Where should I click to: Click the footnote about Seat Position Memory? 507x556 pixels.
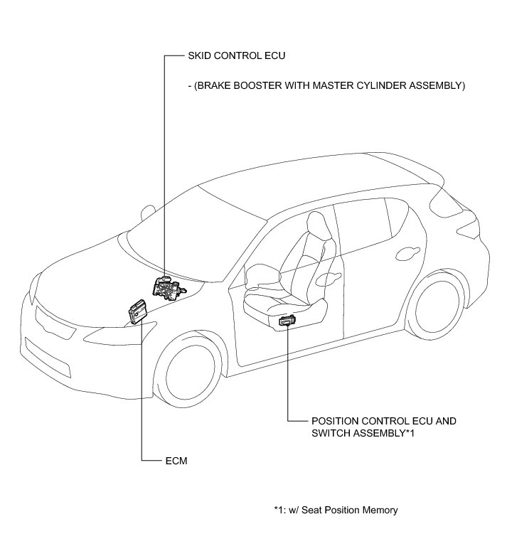pyautogui.click(x=335, y=510)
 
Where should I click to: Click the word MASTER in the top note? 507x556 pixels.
pyautogui.click(x=326, y=86)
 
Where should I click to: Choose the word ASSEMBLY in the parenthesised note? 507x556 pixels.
pyautogui.click(x=433, y=86)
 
